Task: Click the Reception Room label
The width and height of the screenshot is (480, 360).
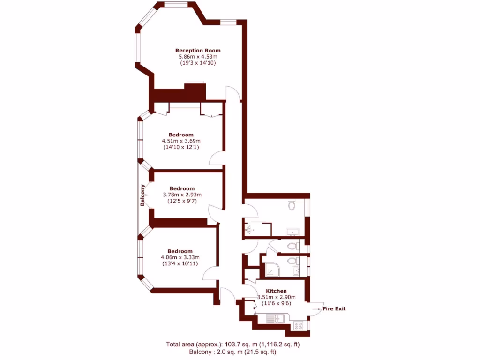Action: (x=198, y=50)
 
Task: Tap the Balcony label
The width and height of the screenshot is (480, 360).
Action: (x=142, y=195)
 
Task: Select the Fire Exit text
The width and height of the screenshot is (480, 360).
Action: (x=334, y=308)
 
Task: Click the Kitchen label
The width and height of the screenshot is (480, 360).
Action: (x=277, y=291)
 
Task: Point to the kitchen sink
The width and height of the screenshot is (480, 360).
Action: (x=273, y=319)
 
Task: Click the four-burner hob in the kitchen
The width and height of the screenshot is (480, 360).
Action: (x=299, y=324)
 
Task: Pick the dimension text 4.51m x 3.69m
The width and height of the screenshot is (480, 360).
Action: (x=181, y=141)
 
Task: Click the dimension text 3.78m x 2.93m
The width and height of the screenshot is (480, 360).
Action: (x=182, y=195)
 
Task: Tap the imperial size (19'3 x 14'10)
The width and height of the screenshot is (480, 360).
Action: (x=198, y=62)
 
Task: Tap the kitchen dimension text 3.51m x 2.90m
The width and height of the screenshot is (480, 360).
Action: (x=277, y=297)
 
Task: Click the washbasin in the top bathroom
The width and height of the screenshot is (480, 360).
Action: (x=293, y=231)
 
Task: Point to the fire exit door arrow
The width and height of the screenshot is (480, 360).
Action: (x=315, y=309)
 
